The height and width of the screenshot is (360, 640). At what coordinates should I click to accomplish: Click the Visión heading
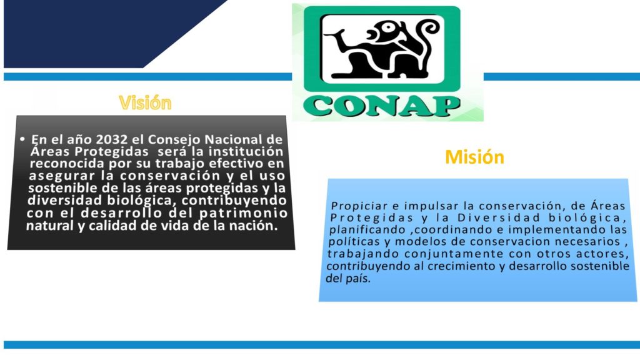tap(145, 102)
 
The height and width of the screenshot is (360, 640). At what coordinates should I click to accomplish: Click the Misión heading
tap(474, 157)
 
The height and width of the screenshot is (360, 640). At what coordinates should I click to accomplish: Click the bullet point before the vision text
tap(22, 139)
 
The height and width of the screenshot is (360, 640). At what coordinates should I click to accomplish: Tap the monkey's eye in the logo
tap(387, 27)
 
